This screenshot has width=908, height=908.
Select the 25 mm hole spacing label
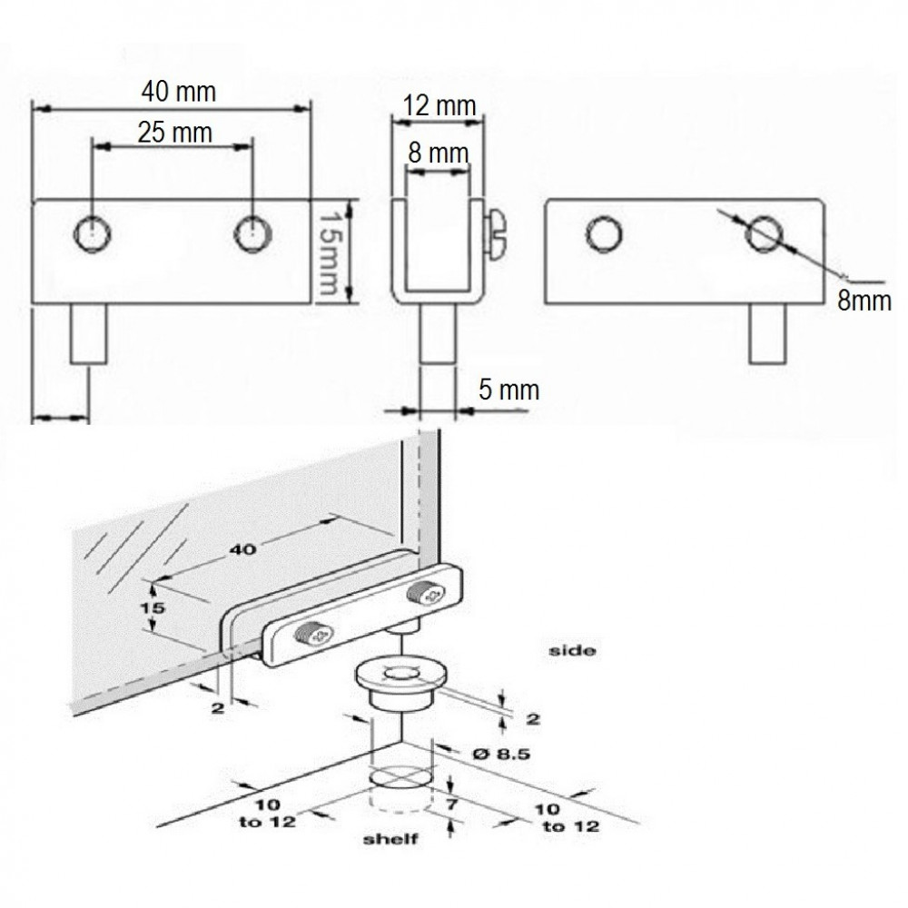[174, 133]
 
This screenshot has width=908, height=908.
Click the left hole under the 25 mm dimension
[92, 236]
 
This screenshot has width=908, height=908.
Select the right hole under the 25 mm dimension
[250, 236]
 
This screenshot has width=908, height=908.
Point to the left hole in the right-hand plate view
[604, 234]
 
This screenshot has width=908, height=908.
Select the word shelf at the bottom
[391, 839]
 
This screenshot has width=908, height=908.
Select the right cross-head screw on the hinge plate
[426, 595]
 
